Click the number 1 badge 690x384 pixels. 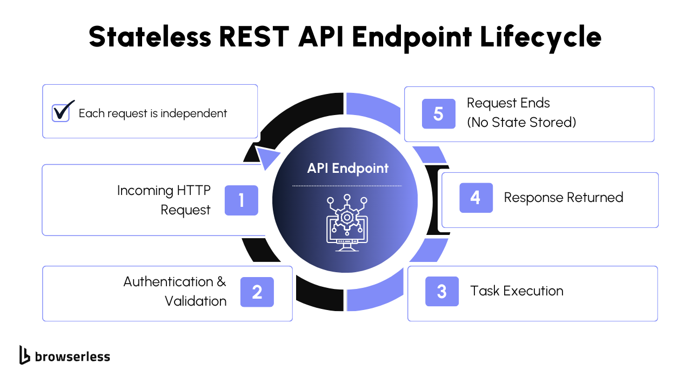pos(241,200)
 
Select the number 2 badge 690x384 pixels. pos(257,292)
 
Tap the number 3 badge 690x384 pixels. pos(441,292)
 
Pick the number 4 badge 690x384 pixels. pos(475,198)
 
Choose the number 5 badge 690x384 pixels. pos(438,114)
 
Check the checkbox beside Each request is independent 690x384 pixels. pos(61,113)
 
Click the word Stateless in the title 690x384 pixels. pos(150,37)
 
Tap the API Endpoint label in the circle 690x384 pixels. pos(347,168)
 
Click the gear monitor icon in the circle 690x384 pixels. pos(347,223)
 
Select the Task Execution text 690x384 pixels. pos(517,291)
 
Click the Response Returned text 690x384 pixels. pos(564,198)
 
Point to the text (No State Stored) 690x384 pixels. pos(521,123)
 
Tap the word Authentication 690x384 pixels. pos(169,282)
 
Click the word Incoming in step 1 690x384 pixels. pos(145,191)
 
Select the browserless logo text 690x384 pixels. pos(72,356)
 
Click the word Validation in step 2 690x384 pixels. pos(196,301)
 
